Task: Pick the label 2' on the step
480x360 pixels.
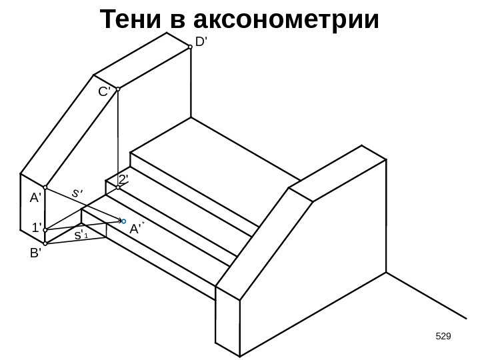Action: click(x=123, y=179)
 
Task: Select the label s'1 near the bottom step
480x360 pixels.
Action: click(x=81, y=235)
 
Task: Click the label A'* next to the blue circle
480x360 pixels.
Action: click(x=137, y=229)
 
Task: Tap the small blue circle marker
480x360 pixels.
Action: click(x=124, y=219)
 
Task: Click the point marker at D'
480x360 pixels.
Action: click(x=190, y=47)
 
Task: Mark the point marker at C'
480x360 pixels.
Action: click(x=117, y=88)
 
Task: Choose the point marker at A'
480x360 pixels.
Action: click(x=45, y=188)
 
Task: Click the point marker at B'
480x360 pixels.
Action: click(x=45, y=244)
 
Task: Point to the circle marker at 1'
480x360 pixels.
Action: click(x=45, y=230)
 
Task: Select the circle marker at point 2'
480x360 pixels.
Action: click(x=117, y=188)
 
